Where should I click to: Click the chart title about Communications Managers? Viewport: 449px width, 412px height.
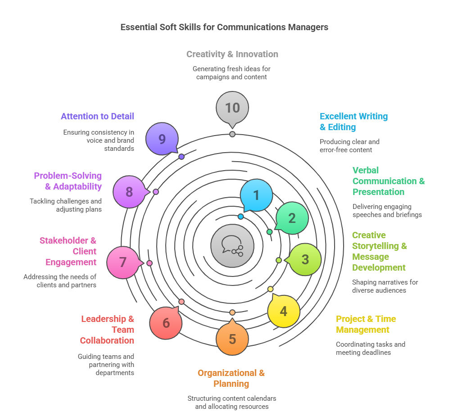point(224,27)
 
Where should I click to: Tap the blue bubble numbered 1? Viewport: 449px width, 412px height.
point(256,195)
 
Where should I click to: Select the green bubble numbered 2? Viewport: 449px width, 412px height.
point(292,218)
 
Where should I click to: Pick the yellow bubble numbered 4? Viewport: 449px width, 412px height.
point(283,311)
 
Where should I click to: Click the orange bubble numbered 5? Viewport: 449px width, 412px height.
point(232,339)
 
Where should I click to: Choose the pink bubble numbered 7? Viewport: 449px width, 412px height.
point(123,262)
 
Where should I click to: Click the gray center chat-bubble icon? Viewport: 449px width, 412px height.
point(232,246)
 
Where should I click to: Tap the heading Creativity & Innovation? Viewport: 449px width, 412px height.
point(232,54)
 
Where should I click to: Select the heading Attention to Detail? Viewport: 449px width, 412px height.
point(97,116)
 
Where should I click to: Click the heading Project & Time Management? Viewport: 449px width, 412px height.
point(366,324)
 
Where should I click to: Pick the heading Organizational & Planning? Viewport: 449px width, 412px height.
point(231,378)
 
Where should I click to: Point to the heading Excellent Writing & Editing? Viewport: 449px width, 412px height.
point(354,122)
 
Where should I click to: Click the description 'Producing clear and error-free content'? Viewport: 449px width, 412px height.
point(349,145)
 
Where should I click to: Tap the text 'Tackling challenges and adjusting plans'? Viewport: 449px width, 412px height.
point(66,205)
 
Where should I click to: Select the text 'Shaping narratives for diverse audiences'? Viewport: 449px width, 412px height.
point(385,286)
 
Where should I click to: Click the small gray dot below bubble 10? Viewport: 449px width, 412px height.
point(232,134)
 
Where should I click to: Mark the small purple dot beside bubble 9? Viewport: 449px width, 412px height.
point(181,157)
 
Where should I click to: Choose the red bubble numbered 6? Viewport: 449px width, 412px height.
point(166,323)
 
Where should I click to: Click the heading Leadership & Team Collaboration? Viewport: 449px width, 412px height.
point(107,330)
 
